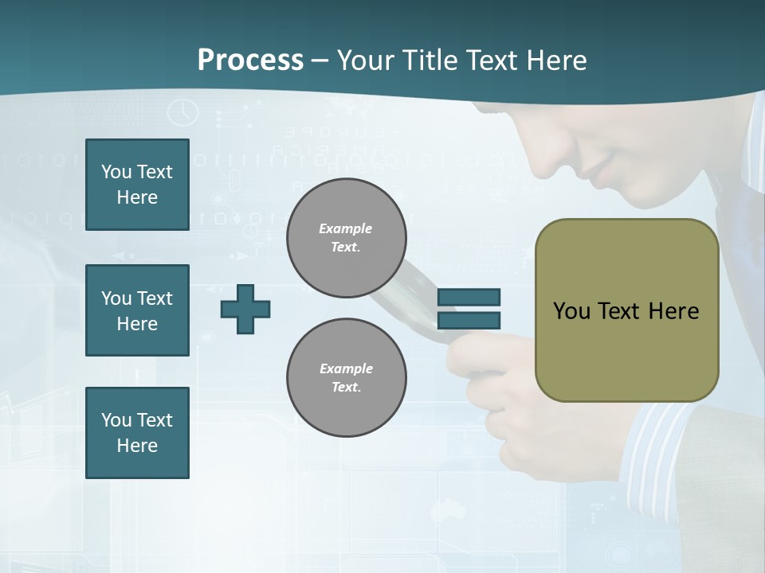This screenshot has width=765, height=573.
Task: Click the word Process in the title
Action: [250, 60]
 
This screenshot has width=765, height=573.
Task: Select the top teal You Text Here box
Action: [137, 185]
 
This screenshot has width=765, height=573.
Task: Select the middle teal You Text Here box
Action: [137, 310]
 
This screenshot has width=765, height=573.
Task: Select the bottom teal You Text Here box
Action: [137, 433]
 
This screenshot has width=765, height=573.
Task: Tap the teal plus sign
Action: [245, 309]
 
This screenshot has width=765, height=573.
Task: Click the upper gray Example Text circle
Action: [346, 238]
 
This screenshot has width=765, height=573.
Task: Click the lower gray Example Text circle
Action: [346, 378]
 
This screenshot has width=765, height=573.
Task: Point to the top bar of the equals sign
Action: [469, 298]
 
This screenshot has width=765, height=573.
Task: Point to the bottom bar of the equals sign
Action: [469, 320]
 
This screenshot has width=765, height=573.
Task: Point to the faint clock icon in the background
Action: [183, 111]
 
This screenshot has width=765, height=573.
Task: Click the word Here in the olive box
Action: [673, 311]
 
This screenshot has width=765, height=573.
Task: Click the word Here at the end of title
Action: [557, 60]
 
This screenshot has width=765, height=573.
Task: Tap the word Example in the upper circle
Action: [346, 228]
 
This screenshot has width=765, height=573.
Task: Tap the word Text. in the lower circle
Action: [346, 388]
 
